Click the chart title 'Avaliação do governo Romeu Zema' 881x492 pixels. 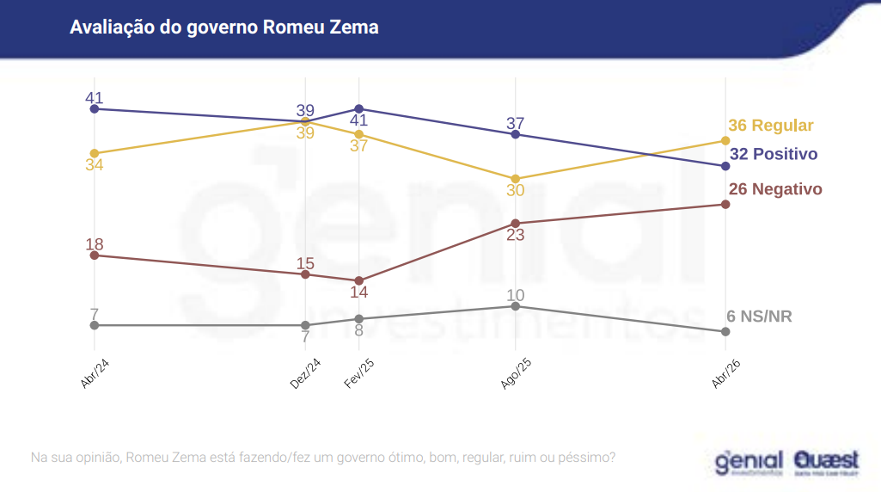(x=223, y=28)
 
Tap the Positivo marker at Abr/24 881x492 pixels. (x=95, y=109)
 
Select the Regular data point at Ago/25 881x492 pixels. (x=516, y=179)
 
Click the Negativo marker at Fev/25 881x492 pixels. (x=359, y=280)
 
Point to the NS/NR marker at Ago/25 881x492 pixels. (x=516, y=305)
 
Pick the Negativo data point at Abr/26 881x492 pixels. (x=725, y=204)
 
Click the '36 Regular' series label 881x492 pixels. (x=770, y=126)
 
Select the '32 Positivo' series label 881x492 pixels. (x=773, y=155)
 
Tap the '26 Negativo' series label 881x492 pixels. (x=774, y=189)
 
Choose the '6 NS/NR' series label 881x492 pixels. (x=759, y=317)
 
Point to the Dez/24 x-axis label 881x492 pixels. (x=305, y=374)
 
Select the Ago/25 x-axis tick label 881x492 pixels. (x=516, y=374)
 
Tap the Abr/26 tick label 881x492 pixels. (x=726, y=374)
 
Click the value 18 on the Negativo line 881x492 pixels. (x=95, y=244)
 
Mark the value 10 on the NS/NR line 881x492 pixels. (x=516, y=295)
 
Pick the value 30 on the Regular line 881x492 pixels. (x=516, y=190)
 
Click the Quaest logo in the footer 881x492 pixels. (x=826, y=463)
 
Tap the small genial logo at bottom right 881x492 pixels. (x=749, y=463)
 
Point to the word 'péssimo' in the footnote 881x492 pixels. (x=588, y=458)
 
